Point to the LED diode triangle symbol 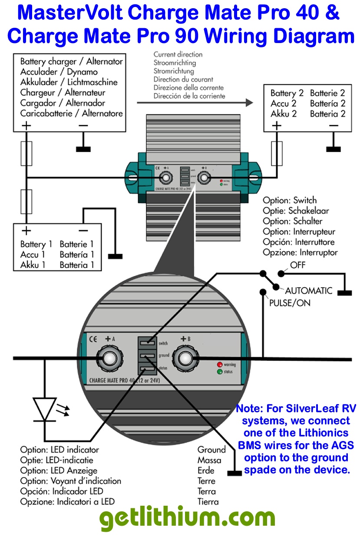pos(44,408)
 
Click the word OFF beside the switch pos(297,265)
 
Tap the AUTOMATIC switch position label pos(308,290)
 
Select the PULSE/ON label pos(290,303)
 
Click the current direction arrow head pos(248,103)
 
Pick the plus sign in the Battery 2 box pos(277,126)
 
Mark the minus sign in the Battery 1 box pos(83,230)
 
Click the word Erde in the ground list pos(206,471)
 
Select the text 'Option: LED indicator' pos(59,450)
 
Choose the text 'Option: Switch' pos(290,200)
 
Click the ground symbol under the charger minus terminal pos(83,149)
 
